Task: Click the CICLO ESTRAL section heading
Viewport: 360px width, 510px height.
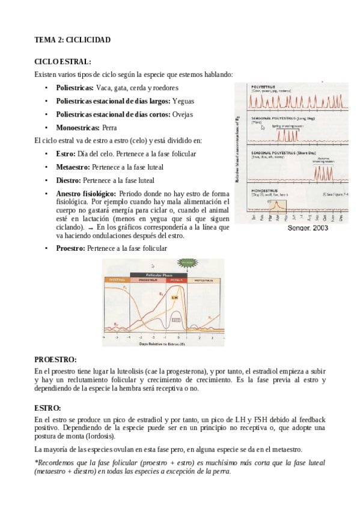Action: click(x=63, y=61)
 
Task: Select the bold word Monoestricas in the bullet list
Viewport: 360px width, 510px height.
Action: click(x=78, y=127)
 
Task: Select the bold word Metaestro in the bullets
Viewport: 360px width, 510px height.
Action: click(x=73, y=167)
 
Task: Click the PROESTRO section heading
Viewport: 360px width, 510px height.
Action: click(x=55, y=359)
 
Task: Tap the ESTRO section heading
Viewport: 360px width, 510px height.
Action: click(x=47, y=407)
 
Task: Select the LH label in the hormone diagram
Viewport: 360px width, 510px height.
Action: click(x=174, y=297)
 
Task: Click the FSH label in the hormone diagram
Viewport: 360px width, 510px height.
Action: click(x=176, y=320)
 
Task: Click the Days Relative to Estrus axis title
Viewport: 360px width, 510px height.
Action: click(x=162, y=344)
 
